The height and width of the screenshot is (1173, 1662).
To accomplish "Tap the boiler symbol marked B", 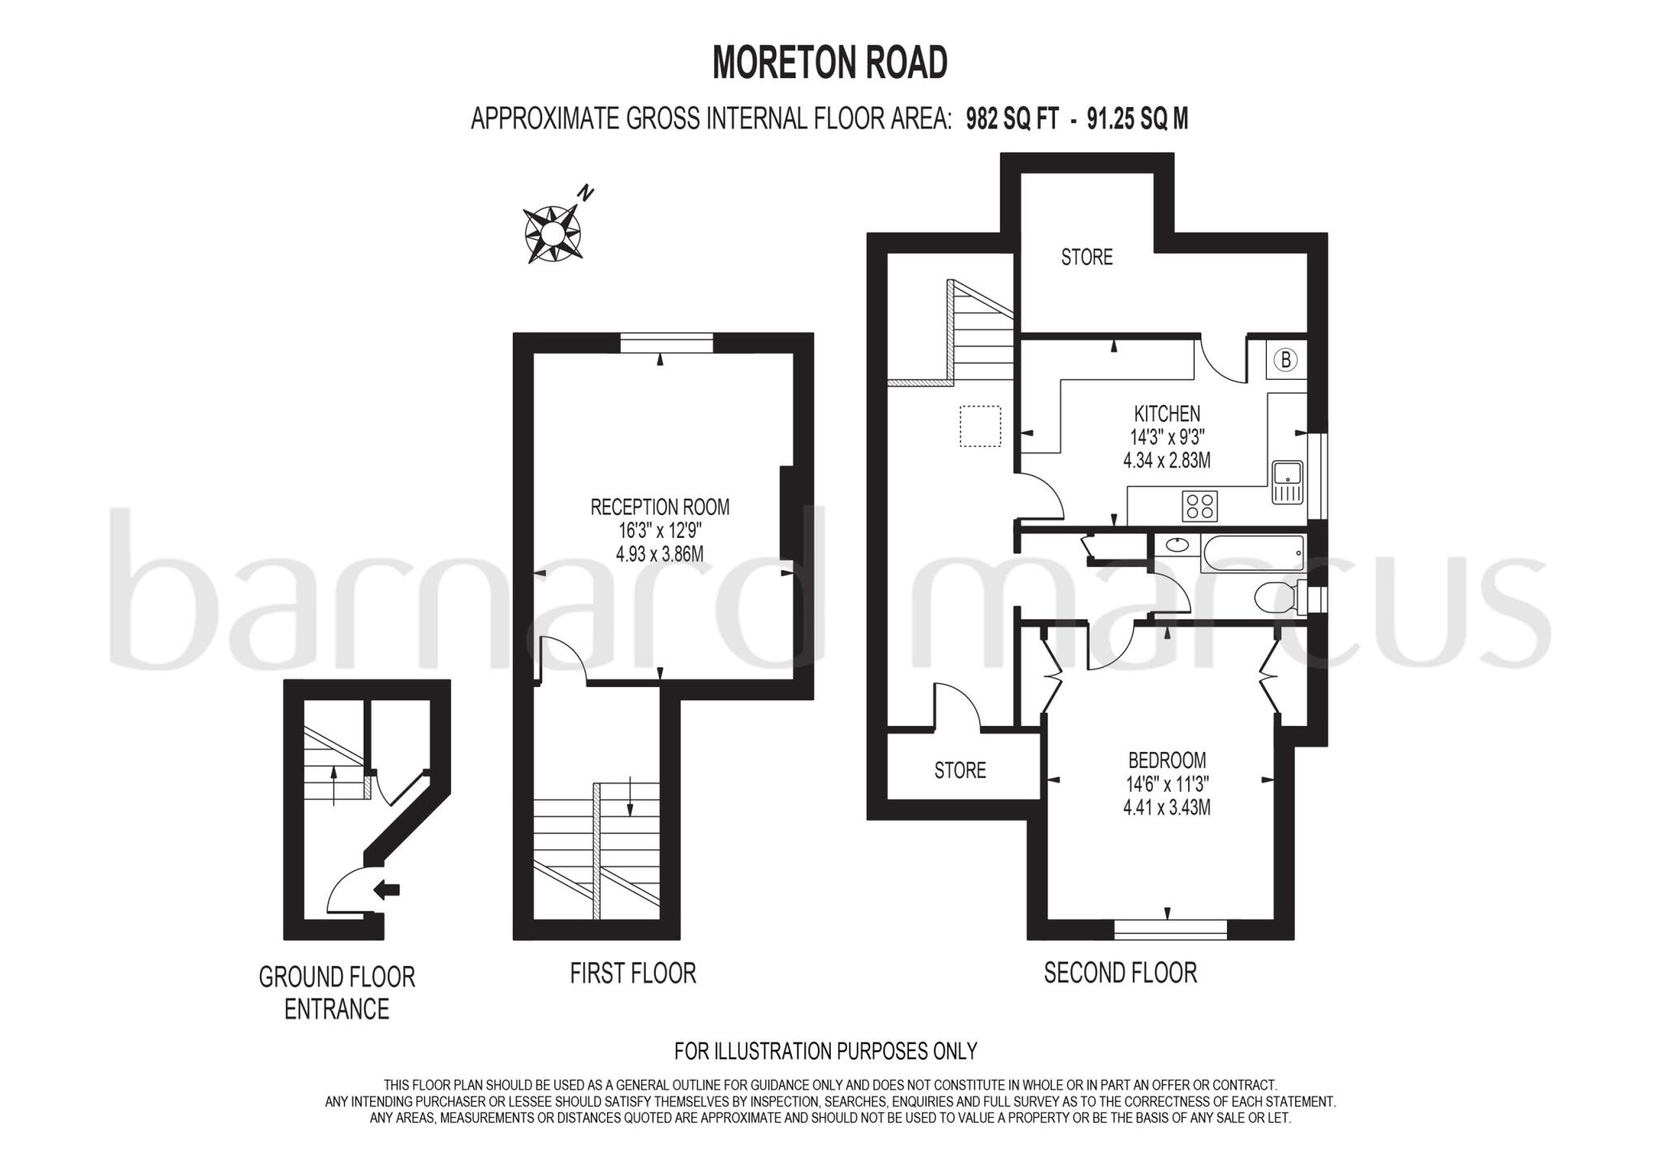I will pos(1285,359).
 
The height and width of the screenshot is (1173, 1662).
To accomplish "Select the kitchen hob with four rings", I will pos(1199,506).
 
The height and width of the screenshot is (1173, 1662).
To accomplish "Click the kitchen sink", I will pos(1287,482).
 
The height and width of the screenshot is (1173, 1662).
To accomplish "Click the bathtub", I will pos(1252,552).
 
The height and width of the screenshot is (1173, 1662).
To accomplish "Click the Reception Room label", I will pos(660,508).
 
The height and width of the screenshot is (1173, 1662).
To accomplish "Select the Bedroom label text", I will pos(1167,761).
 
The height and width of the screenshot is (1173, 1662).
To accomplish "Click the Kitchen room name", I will pos(1167,414).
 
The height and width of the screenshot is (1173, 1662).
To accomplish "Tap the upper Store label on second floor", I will pos(1087,258).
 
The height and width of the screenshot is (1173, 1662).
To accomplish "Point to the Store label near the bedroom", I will pos(960,771).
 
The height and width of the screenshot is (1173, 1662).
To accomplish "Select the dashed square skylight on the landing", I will pos(980,426).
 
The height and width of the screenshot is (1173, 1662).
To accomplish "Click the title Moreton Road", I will pos(829,62).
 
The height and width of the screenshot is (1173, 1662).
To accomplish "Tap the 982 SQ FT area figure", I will pos(1012,120).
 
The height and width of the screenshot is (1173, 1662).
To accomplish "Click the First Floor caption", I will pos(633,973).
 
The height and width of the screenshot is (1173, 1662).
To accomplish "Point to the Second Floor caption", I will pos(1120,973).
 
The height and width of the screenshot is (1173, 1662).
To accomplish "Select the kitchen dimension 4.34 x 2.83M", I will pos(1167,461).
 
